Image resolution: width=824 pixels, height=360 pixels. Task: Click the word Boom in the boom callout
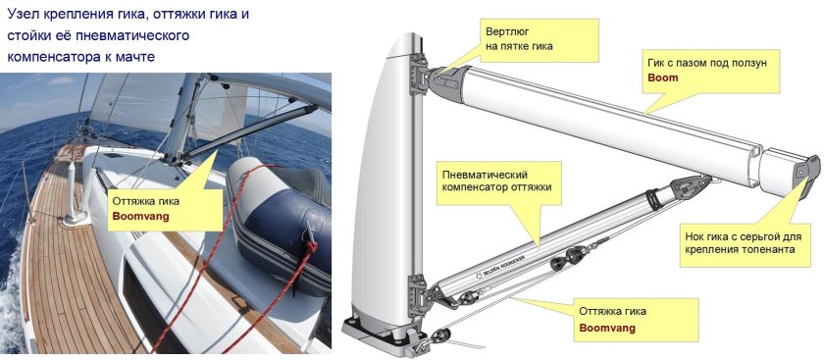point(663,77)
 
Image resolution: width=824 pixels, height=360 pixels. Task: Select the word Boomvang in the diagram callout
point(607,329)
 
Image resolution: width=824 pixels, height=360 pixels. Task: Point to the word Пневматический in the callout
point(485,174)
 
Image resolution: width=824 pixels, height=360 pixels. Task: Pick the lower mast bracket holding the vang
point(418,295)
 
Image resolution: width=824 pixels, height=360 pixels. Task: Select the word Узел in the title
point(22,14)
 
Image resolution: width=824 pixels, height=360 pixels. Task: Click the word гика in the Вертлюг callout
point(542,46)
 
